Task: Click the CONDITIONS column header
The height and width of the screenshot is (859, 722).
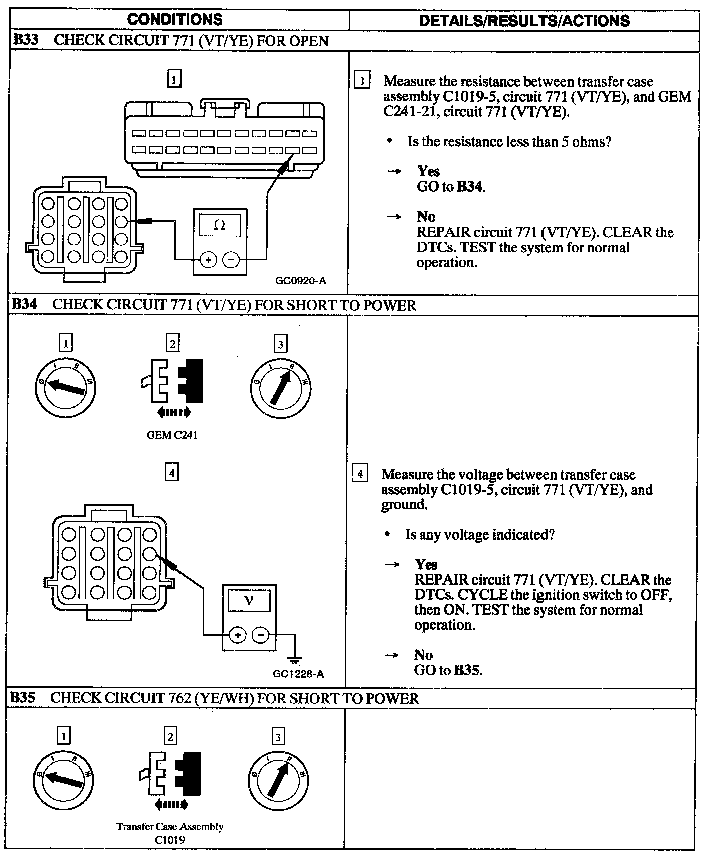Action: (x=174, y=20)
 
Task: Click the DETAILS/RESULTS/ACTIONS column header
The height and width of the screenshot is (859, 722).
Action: (x=524, y=21)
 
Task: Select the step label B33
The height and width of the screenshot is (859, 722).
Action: (x=25, y=40)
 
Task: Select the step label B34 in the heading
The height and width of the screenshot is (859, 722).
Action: (x=24, y=304)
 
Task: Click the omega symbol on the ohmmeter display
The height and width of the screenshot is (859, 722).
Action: (x=220, y=225)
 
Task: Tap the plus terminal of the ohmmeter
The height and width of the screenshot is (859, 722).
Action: (x=208, y=260)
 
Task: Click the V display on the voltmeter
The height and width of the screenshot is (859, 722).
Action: (x=249, y=600)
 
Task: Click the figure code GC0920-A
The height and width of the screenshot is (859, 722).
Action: (x=300, y=281)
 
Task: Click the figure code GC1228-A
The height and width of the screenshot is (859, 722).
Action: (x=298, y=674)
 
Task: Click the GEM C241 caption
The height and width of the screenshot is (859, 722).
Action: (x=172, y=435)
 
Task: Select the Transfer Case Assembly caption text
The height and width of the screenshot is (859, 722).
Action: (x=169, y=827)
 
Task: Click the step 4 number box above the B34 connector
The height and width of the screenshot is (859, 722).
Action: (x=172, y=473)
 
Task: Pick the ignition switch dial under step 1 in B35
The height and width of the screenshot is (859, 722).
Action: (x=63, y=780)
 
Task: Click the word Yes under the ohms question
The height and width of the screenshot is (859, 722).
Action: (x=428, y=171)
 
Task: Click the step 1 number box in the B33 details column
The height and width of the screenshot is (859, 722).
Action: (x=362, y=80)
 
